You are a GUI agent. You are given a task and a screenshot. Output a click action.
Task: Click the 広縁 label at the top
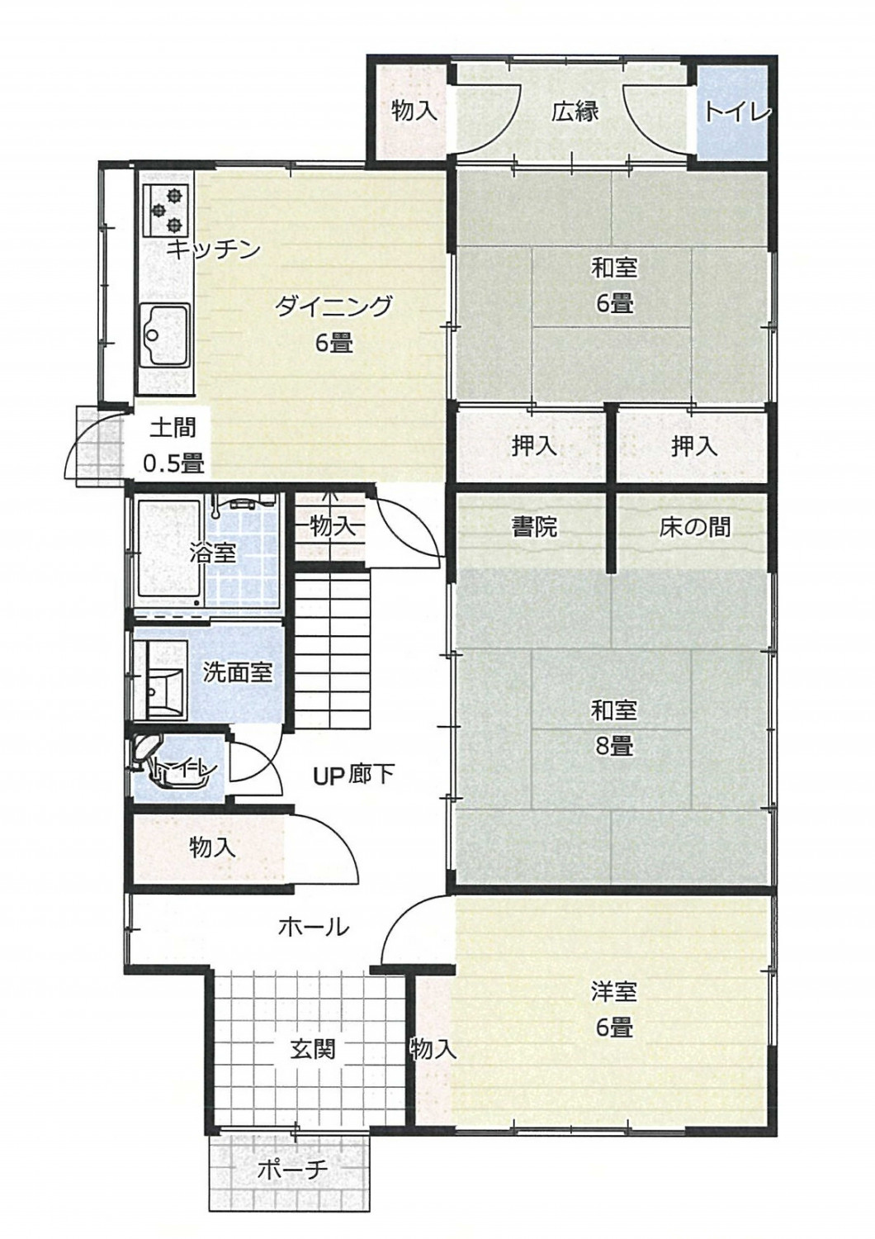[x=575, y=111]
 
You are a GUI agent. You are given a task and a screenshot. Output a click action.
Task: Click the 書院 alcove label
[x=534, y=527]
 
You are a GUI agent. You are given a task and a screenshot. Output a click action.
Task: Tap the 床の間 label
[x=695, y=527]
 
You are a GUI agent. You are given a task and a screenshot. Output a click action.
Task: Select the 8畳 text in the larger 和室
[x=613, y=746]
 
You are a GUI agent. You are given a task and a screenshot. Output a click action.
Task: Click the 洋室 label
[x=613, y=990]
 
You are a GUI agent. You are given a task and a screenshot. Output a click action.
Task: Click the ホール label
[x=313, y=927]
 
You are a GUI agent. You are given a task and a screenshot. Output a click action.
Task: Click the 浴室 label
[x=212, y=552]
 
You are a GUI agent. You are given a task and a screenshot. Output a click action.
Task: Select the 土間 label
[x=173, y=428]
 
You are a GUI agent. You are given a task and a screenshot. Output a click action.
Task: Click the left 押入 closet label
[x=534, y=446]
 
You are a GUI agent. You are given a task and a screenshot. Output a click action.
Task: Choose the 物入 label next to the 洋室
[x=433, y=1049]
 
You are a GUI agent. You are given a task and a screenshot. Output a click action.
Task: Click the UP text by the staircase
[x=328, y=774]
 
